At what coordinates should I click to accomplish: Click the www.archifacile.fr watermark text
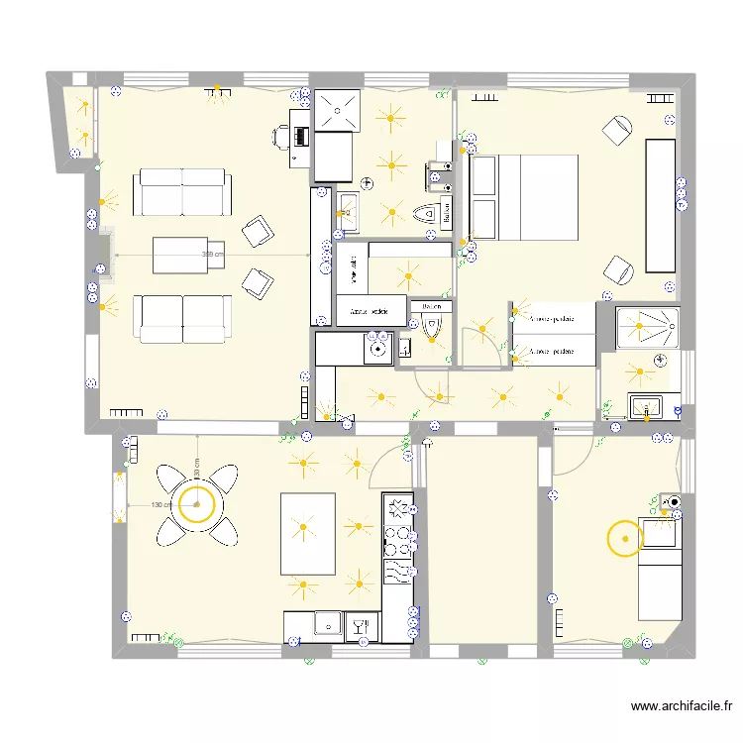(x=681, y=706)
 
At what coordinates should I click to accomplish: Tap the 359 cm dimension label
(x=212, y=255)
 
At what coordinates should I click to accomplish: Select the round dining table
(x=197, y=505)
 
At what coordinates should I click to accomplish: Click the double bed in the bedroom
(x=524, y=197)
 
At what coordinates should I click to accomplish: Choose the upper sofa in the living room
(x=183, y=191)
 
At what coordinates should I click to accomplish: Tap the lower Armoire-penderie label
(x=553, y=351)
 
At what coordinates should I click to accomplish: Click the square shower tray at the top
(x=338, y=107)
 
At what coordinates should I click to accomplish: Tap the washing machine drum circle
(x=377, y=348)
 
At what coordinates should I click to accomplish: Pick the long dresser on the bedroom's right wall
(x=661, y=205)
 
